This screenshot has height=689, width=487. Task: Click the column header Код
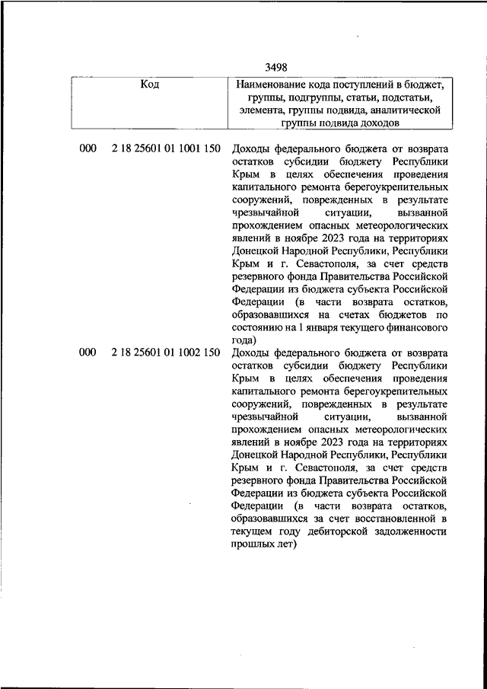pos(150,84)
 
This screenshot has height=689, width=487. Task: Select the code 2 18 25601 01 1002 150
pos(165,352)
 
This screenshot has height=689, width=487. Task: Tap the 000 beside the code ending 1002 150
pos(88,352)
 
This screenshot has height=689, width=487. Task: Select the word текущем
pos(250,531)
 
